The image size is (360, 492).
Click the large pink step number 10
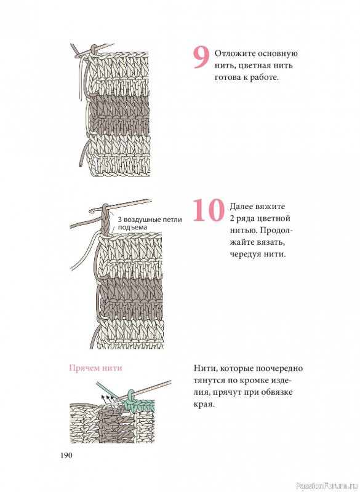click(x=209, y=210)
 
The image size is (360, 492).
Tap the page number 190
click(x=66, y=455)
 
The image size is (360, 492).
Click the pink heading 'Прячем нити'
click(x=95, y=368)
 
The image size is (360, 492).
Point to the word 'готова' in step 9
click(x=228, y=77)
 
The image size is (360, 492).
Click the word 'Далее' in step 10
click(x=242, y=207)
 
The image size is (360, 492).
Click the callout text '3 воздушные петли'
click(x=150, y=220)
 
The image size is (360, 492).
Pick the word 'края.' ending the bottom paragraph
click(x=204, y=404)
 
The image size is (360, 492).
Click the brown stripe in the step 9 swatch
click(x=120, y=113)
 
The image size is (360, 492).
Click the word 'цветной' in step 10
click(x=273, y=219)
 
